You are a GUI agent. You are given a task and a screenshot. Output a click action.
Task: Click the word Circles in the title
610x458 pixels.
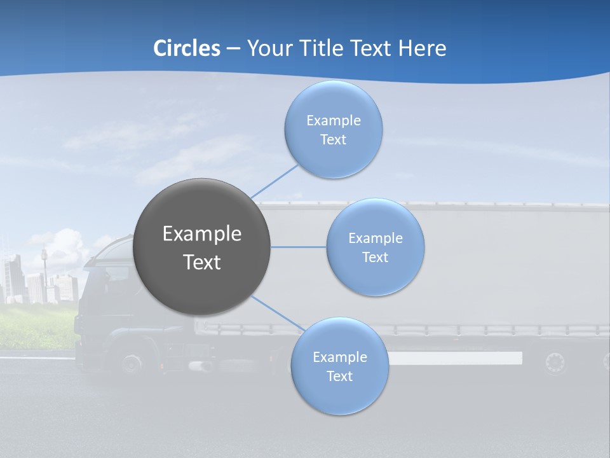tap(187, 48)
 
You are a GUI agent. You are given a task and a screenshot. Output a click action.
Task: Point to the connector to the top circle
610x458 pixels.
tap(274, 180)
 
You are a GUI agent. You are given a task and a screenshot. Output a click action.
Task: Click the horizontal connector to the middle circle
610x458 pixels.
tap(299, 247)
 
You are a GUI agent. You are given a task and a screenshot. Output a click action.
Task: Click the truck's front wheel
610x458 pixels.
tap(132, 364)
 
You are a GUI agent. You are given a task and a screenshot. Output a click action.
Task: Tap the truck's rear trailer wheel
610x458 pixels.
tap(555, 363)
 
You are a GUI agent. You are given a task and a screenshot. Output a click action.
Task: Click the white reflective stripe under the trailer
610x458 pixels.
tap(455, 358)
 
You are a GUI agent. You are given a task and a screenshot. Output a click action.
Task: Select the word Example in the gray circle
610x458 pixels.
tap(202, 234)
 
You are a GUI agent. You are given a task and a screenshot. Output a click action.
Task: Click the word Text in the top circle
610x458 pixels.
tap(334, 140)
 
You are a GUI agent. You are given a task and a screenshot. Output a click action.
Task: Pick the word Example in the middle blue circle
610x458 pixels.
tap(376, 239)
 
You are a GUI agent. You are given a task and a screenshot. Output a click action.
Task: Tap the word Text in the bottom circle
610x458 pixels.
tap(339, 377)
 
